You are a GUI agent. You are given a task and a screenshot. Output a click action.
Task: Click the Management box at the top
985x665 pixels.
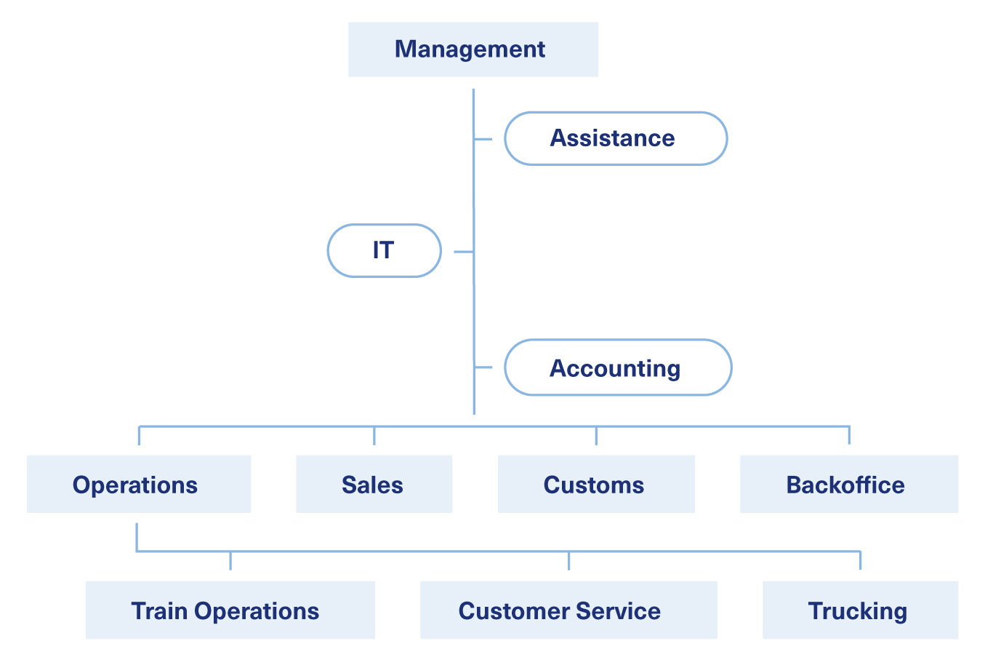coord(473,49)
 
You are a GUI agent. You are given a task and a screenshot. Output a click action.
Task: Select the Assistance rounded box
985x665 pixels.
coord(616,139)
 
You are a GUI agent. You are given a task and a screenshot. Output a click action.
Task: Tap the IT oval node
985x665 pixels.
coord(385,250)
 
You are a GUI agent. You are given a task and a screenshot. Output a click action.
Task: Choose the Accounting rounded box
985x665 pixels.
coord(619,367)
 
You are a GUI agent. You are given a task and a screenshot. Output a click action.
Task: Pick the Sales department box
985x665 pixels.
coord(374,484)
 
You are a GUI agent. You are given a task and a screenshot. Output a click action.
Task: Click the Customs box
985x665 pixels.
coord(596,484)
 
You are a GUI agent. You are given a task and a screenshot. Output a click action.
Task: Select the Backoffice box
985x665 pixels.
coord(849,484)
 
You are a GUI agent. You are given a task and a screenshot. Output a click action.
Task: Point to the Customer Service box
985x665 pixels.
coord(568,610)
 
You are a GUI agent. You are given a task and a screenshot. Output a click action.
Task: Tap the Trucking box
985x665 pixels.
coord(860,610)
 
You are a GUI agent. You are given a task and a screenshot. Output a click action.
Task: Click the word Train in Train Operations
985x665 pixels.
coord(159,611)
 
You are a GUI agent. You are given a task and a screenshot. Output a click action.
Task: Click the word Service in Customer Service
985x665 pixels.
coord(619,611)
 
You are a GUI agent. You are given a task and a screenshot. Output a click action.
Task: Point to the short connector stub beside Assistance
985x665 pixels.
coord(483,139)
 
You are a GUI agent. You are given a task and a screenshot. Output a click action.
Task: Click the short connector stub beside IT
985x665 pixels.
coord(464,252)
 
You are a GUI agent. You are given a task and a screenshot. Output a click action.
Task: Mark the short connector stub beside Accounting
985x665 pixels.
coord(483,367)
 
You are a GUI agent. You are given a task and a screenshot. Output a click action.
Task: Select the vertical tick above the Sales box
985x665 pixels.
coord(374,436)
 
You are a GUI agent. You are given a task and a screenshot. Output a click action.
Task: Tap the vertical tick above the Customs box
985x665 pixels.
coord(596,436)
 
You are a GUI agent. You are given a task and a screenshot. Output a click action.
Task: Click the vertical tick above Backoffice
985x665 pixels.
coord(849,435)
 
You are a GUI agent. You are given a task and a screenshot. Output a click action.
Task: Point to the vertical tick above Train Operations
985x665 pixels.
coord(230,561)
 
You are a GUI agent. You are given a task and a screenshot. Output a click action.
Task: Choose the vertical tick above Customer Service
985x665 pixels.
coord(568,561)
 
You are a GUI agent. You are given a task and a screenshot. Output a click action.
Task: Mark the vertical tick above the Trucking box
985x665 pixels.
coord(860,560)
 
